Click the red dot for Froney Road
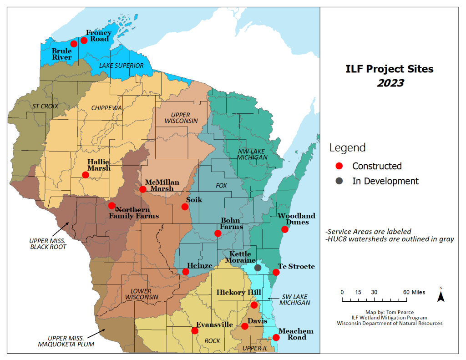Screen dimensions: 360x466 pos(84,41)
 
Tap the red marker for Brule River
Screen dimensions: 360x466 pos(74,44)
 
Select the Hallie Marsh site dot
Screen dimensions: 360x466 pos(85,175)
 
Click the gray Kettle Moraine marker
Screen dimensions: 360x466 pos(258,268)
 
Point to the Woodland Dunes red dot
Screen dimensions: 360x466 pos(285,229)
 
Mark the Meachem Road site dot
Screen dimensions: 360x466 pos(276,338)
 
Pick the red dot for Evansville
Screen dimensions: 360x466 pos(195,331)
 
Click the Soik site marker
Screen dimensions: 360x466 pos(185,207)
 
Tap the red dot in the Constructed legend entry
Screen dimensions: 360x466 pos(339,166)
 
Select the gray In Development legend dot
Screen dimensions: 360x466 pos(339,181)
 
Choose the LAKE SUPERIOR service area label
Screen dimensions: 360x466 pos(121,66)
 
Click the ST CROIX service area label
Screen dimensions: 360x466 pos(45,106)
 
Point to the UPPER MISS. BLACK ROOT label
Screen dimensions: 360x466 pos(48,243)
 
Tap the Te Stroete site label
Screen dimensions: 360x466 pos(296,266)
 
